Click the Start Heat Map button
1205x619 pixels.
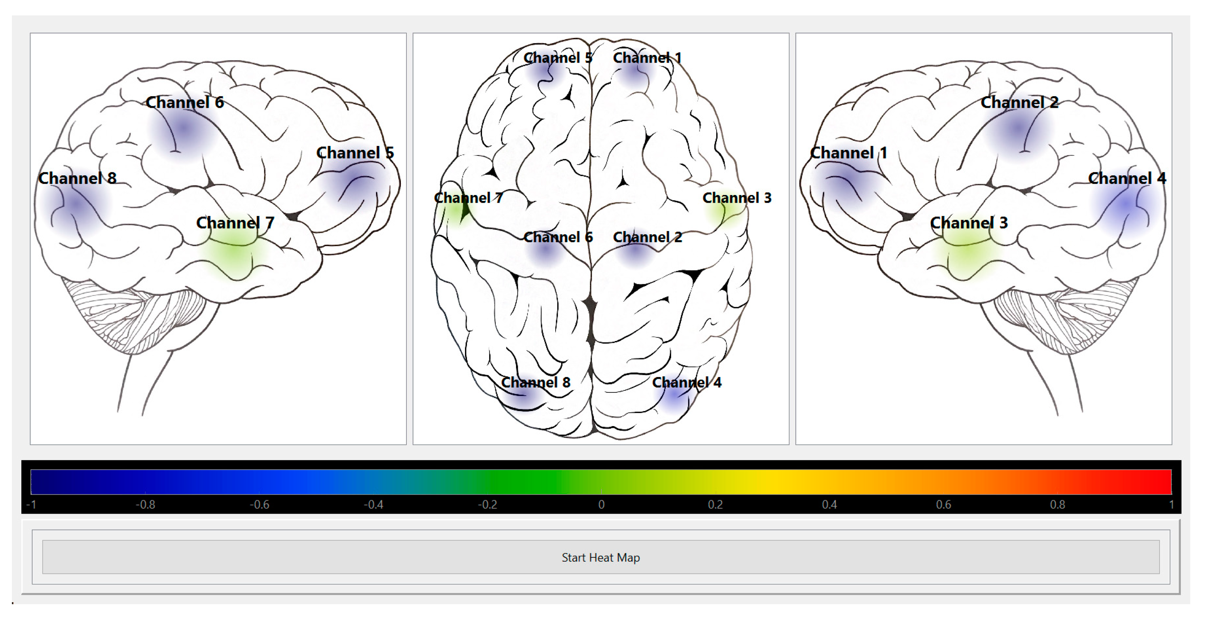[x=601, y=557]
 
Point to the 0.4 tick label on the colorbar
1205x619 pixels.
[x=829, y=505]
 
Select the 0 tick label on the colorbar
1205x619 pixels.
[x=601, y=505]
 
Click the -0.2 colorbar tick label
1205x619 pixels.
[x=487, y=505]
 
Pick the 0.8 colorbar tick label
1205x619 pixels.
[x=1057, y=505]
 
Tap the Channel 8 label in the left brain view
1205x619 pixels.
[x=77, y=178]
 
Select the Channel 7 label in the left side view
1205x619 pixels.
[x=235, y=223]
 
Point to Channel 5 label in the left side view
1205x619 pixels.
[x=355, y=153]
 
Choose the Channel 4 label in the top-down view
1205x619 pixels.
[x=687, y=382]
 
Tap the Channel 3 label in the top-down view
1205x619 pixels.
[x=737, y=198]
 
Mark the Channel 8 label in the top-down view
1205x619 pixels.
[x=536, y=382]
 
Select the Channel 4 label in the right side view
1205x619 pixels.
[x=1127, y=178]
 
